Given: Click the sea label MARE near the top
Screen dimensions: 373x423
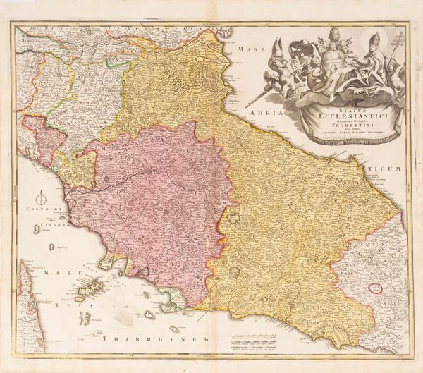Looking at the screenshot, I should [250, 49].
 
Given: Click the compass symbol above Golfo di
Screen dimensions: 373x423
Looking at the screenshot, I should [42, 200].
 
